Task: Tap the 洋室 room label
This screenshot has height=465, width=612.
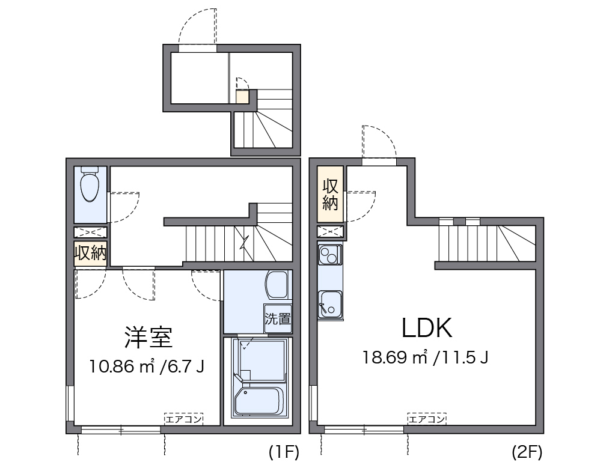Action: [148, 338]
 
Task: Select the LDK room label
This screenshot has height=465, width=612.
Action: [427, 328]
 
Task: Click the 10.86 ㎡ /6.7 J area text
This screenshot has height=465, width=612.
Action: [147, 366]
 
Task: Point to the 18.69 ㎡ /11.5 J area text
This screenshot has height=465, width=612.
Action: [426, 357]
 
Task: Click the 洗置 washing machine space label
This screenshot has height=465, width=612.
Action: [278, 318]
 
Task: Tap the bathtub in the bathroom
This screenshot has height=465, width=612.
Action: [259, 401]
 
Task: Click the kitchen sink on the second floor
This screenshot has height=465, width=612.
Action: [330, 304]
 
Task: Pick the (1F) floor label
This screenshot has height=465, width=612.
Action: [284, 452]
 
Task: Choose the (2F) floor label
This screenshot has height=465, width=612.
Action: [527, 452]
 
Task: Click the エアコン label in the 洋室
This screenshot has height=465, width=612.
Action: [183, 419]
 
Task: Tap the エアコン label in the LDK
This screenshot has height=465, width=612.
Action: [427, 419]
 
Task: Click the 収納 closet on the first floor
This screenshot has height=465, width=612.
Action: [91, 253]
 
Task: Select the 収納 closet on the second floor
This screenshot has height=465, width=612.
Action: [330, 194]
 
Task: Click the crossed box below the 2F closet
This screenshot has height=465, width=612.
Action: [330, 232]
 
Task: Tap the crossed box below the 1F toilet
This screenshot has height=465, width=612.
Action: [91, 232]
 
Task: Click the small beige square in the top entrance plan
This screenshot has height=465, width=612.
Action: [242, 97]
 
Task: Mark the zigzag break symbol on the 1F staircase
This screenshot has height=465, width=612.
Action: [244, 244]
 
